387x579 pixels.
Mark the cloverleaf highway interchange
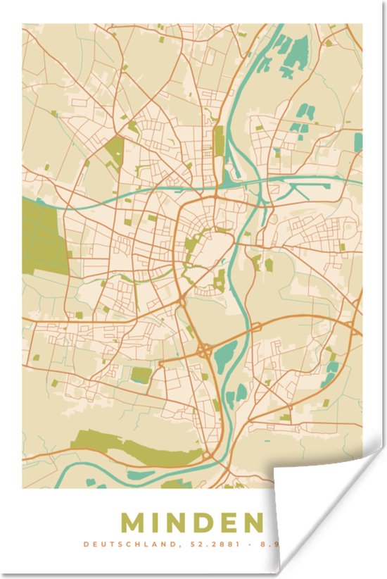tap(205, 349)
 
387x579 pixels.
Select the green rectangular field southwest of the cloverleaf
tap(141, 375)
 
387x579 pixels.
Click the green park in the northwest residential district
tap(113, 151)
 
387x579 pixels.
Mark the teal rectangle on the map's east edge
tap(358, 142)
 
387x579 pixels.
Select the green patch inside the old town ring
tap(191, 247)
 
